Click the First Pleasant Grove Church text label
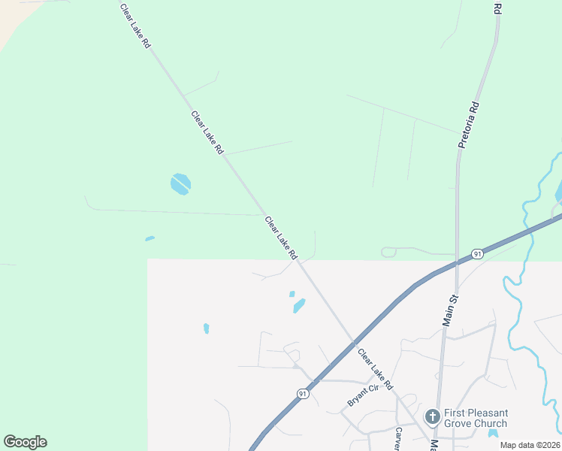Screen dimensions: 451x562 pos(475,418)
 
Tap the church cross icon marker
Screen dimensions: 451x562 pos(432,416)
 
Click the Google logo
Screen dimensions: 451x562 pos(25,442)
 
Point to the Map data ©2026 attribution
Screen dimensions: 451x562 pos(530,445)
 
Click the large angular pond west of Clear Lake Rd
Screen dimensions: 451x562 pos(180,183)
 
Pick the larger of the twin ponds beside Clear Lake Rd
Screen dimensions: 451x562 pos(299,306)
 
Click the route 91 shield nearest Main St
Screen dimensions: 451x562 pos(477,254)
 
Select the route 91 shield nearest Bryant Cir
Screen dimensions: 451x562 pos(301,393)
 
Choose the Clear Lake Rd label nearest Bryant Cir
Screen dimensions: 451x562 pos(375,368)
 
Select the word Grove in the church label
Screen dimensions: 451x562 pos(460,423)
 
